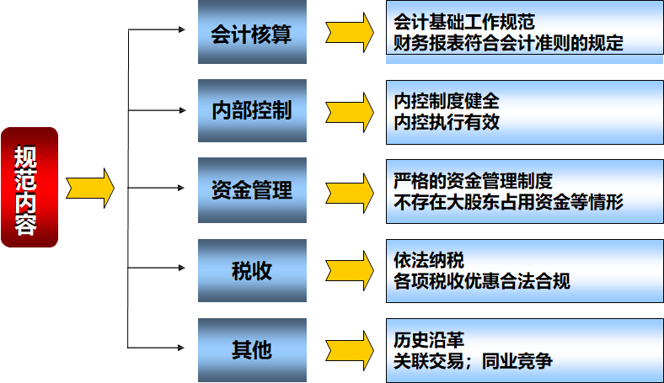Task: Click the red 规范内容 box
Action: [29, 187]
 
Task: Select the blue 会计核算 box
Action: [251, 33]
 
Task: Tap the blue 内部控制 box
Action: [251, 111]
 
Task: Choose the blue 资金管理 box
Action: [251, 190]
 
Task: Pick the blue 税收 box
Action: [251, 271]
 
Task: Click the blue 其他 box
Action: [251, 348]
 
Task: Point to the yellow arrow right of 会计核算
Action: [351, 33]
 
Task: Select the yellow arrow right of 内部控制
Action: [351, 111]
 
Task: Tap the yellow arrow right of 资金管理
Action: [351, 190]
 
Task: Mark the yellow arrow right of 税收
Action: [351, 271]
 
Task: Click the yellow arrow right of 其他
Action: [351, 348]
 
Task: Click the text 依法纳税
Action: [429, 260]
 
